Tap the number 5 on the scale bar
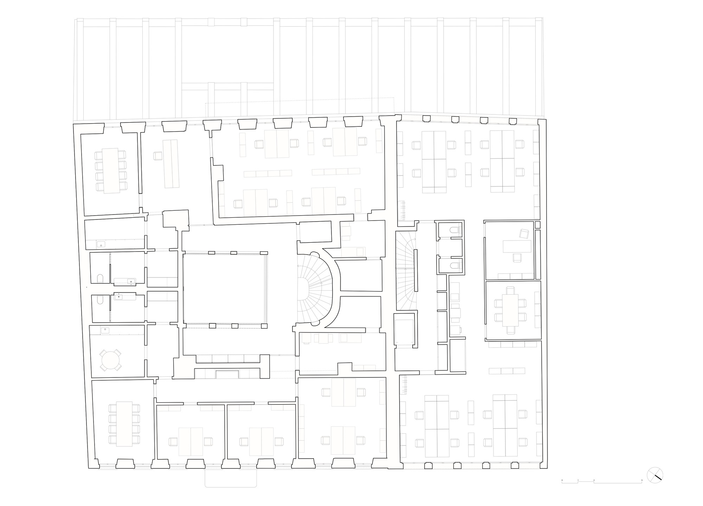click(642, 480)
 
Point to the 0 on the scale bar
click(562, 480)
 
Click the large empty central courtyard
click(225, 288)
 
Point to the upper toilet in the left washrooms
click(100, 278)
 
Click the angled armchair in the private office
click(524, 234)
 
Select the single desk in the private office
click(517, 246)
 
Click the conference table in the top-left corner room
click(110, 170)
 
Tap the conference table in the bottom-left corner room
click(124, 423)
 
